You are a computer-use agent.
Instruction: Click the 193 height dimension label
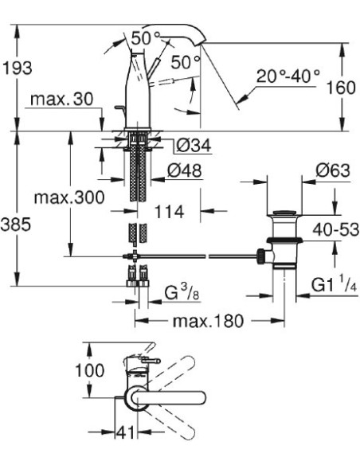(18, 69)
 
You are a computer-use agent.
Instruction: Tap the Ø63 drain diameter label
(332, 170)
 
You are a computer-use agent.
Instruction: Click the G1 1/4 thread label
(331, 284)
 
